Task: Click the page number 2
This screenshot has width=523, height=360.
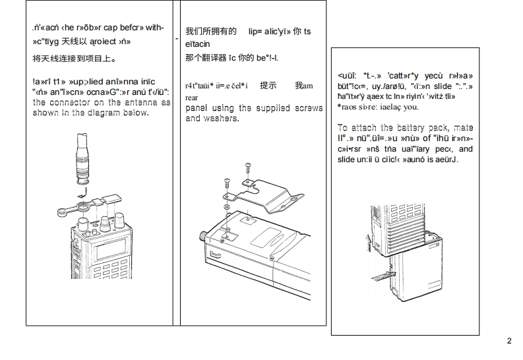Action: (x=509, y=341)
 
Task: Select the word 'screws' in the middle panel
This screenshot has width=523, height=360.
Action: (x=309, y=108)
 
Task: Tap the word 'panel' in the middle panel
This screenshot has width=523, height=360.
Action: (x=199, y=108)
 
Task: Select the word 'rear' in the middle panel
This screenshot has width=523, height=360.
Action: (x=191, y=97)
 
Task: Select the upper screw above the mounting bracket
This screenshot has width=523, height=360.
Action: (x=248, y=164)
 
